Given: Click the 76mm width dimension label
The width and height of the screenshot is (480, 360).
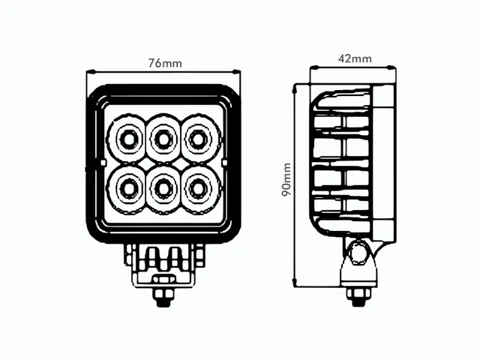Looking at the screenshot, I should (x=165, y=63).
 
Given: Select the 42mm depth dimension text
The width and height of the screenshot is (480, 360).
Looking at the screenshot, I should (x=355, y=58).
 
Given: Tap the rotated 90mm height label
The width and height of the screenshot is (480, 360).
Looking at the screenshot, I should (x=286, y=180).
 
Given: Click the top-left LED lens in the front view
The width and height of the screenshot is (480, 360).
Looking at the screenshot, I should (x=126, y=137).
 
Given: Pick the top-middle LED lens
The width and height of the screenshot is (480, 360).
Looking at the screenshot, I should (x=162, y=137).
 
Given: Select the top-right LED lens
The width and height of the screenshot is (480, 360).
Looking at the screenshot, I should (x=197, y=137).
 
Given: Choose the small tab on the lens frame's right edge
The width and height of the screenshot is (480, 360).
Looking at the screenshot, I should (x=226, y=162).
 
